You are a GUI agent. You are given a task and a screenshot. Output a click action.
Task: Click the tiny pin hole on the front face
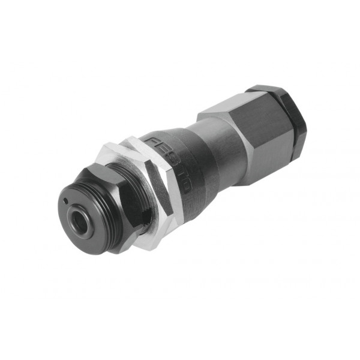coord(66,201)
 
